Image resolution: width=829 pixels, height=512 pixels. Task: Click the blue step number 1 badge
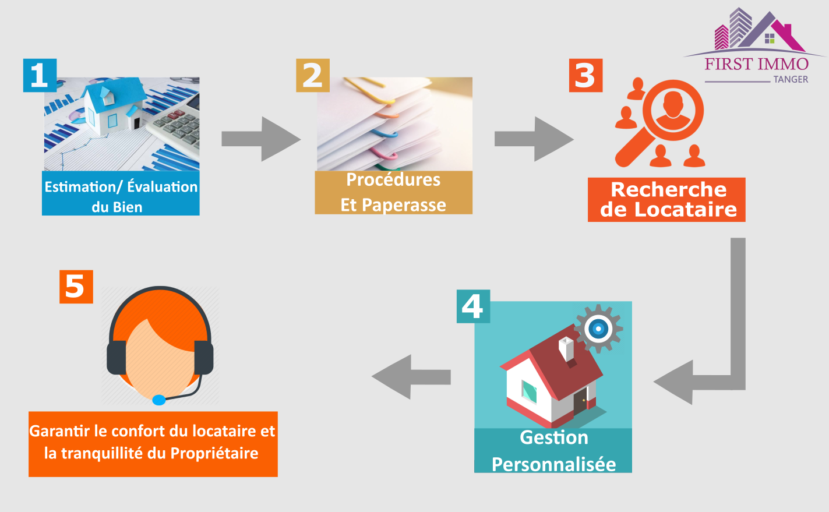point(40,75)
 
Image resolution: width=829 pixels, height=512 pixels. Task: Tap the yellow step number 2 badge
point(313,75)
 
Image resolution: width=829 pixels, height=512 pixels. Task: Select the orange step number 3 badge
point(585,75)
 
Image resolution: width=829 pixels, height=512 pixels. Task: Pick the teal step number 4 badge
point(473,306)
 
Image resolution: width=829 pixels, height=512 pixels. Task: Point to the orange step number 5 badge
point(76,287)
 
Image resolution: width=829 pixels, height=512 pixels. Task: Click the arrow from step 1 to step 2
point(260,139)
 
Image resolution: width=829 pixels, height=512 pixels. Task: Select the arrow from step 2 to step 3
point(533,139)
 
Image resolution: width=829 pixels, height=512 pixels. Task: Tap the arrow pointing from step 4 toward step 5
point(411,377)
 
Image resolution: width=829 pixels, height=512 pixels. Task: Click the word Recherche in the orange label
point(668,190)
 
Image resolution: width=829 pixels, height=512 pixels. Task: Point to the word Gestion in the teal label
point(553,437)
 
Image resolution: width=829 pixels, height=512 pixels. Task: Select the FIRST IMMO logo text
point(756,63)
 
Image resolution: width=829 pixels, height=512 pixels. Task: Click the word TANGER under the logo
point(791,79)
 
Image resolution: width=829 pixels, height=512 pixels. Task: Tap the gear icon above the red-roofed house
point(598,329)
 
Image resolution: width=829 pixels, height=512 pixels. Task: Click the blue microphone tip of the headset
point(158,400)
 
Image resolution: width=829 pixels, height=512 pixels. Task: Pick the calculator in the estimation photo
point(175,125)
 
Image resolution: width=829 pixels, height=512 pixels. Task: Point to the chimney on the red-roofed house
point(566,349)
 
